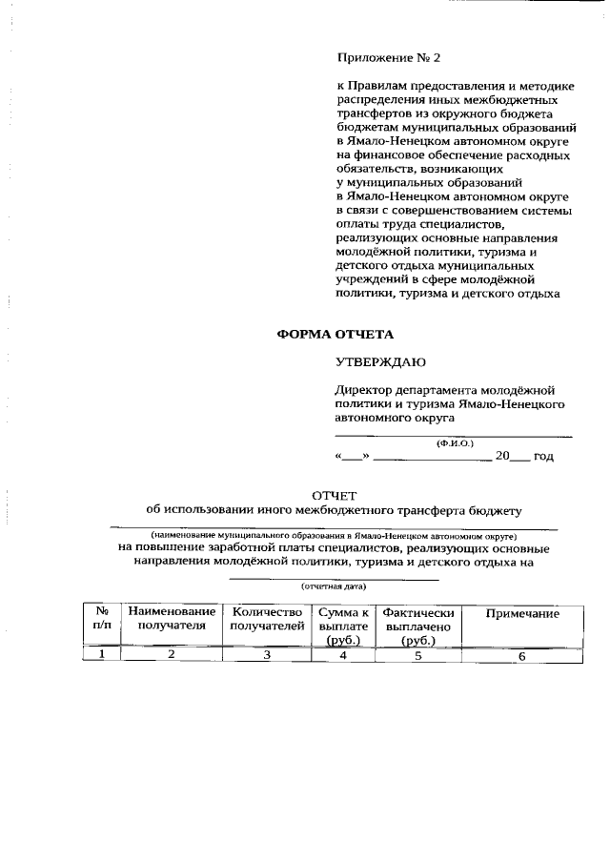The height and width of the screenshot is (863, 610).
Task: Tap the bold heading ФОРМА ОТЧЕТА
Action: [x=334, y=335]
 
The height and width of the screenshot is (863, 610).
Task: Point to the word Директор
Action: [x=362, y=390]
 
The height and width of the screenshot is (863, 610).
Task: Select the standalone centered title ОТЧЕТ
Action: [x=333, y=494]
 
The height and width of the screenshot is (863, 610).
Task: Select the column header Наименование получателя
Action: [x=173, y=619]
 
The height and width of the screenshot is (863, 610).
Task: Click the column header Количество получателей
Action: [x=267, y=619]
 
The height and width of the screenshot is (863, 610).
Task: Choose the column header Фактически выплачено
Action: [x=417, y=626]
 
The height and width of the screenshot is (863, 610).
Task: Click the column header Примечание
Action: [x=522, y=613]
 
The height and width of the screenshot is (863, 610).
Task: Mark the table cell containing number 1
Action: [x=102, y=654]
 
